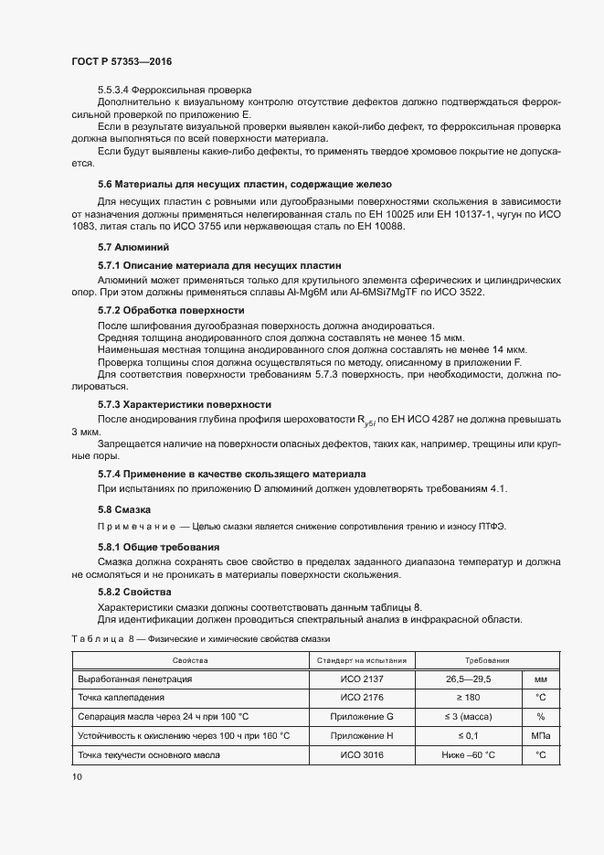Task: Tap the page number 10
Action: coord(77,776)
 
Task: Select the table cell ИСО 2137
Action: coord(363,679)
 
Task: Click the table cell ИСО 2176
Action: coord(363,698)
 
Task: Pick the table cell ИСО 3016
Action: coord(363,754)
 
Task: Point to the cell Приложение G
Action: coord(363,717)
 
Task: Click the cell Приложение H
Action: coord(363,735)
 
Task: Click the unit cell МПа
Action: coord(541,735)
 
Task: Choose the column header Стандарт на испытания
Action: coord(363,660)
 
